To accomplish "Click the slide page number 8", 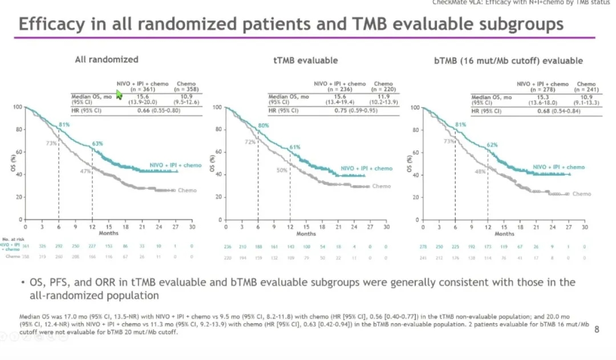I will [597, 329].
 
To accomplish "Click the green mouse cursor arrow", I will [119, 94].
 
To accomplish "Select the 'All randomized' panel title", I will [107, 59].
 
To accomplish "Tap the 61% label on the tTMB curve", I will [294, 147].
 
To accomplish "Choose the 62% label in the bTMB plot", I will [492, 145].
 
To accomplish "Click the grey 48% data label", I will [481, 171].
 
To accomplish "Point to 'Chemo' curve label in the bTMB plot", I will [582, 194].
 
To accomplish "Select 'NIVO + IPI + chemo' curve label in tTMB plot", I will [367, 168].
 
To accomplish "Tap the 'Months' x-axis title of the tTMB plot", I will [306, 234].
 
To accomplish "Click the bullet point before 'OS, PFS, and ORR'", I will [22, 282].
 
